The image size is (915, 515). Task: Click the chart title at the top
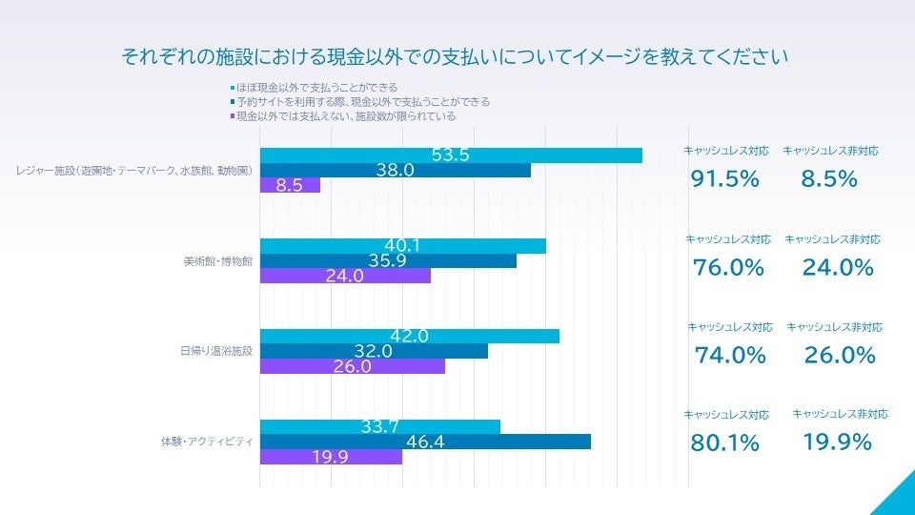(455, 57)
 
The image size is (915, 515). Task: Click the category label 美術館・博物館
(217, 261)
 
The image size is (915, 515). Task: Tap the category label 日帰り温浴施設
(216, 351)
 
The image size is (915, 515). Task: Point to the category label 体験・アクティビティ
(206, 442)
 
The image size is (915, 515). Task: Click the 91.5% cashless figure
(725, 178)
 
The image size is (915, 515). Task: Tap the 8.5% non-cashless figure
(829, 178)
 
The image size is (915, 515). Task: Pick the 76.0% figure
(728, 268)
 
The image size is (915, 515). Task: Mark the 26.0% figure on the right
(840, 356)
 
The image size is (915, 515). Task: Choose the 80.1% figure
(725, 443)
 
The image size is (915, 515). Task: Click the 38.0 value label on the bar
(396, 171)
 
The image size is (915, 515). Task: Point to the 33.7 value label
(379, 426)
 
